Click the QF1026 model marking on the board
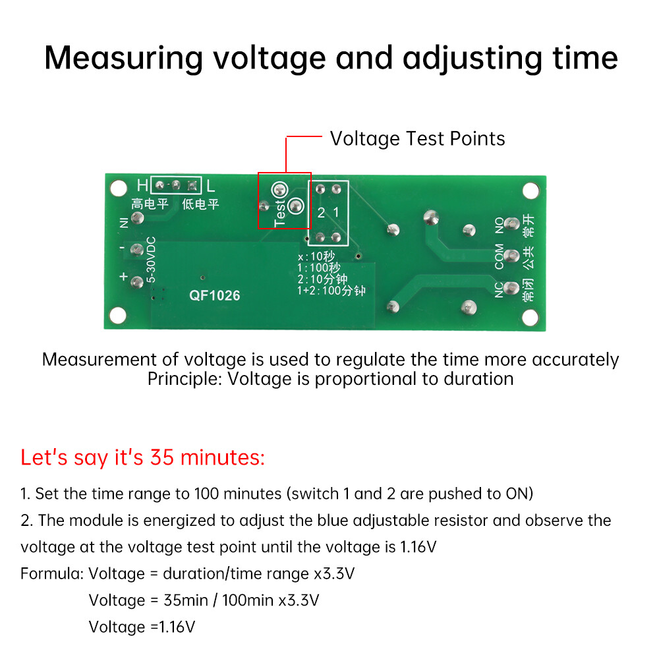pyautogui.click(x=215, y=296)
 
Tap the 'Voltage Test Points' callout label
pyautogui.click(x=417, y=138)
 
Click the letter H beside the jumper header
pyautogui.click(x=142, y=185)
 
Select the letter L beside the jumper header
pyautogui.click(x=210, y=185)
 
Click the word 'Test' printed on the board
pyautogui.click(x=279, y=213)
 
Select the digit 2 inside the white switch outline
pyautogui.click(x=321, y=212)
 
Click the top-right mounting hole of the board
pyautogui.click(x=530, y=190)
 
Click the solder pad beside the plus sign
pyautogui.click(x=138, y=283)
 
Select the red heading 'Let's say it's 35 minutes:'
pyautogui.click(x=142, y=457)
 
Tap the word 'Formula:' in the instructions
pyautogui.click(x=51, y=573)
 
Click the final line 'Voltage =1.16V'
pyautogui.click(x=142, y=626)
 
